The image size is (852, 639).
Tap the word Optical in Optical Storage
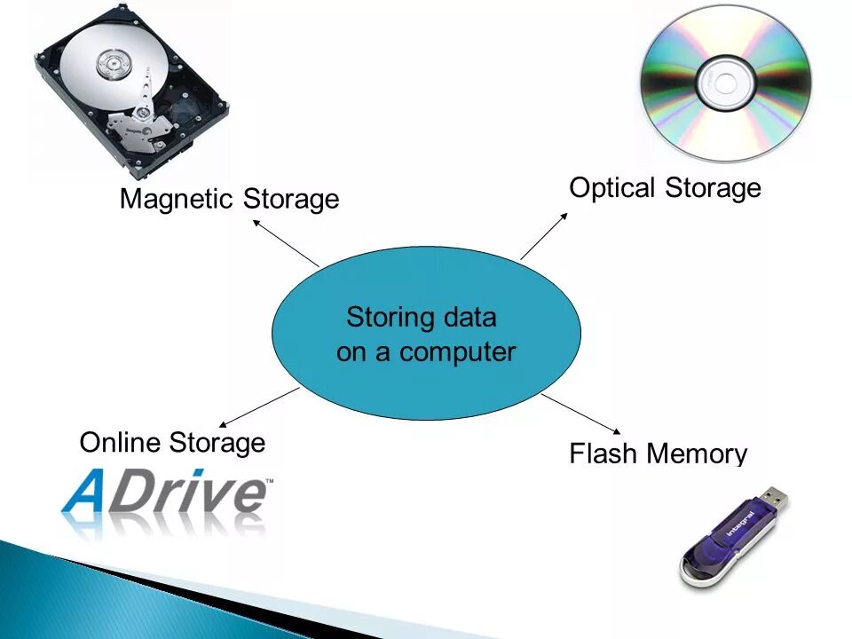pos(611,188)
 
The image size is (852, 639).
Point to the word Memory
pos(697,455)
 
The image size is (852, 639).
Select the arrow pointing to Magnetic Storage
pos(286,242)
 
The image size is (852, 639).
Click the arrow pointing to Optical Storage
pos(543,236)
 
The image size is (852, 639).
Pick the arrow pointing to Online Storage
pos(258,407)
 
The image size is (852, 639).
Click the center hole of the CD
pos(726,84)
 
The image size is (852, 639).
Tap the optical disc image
pos(726,84)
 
